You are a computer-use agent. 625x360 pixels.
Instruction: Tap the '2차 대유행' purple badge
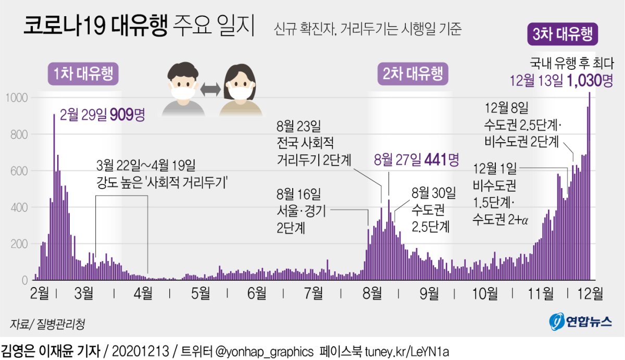[413, 75]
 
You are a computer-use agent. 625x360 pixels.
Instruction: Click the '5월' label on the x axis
[200, 294]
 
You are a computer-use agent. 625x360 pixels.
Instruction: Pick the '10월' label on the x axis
[484, 294]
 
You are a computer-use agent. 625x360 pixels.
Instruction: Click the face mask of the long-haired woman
[240, 93]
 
